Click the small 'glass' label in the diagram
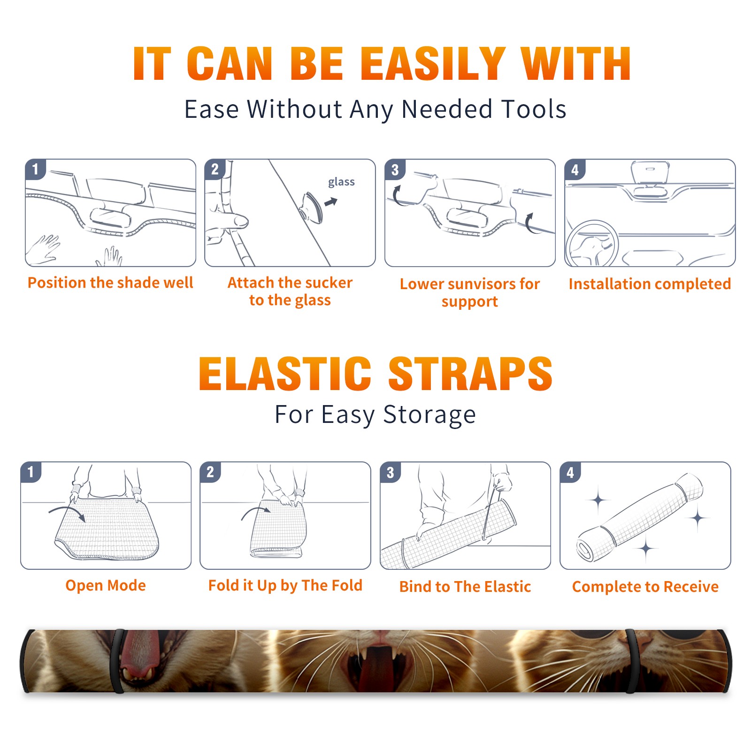[341, 182]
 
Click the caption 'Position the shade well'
[110, 283]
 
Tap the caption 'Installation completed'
[650, 284]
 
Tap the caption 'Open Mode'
[106, 585]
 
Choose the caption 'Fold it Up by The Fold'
[285, 585]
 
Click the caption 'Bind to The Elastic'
[465, 586]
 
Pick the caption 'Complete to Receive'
[645, 586]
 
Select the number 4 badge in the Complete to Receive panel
[570, 472]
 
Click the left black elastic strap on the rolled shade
[117, 661]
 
